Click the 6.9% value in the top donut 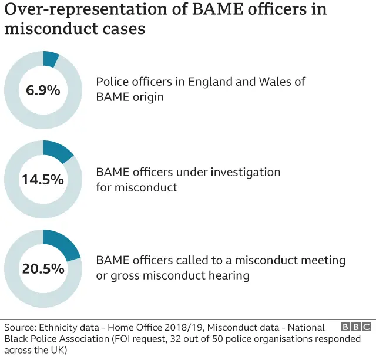43,90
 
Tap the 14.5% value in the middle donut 43,179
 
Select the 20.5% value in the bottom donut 43,268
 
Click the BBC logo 356,327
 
